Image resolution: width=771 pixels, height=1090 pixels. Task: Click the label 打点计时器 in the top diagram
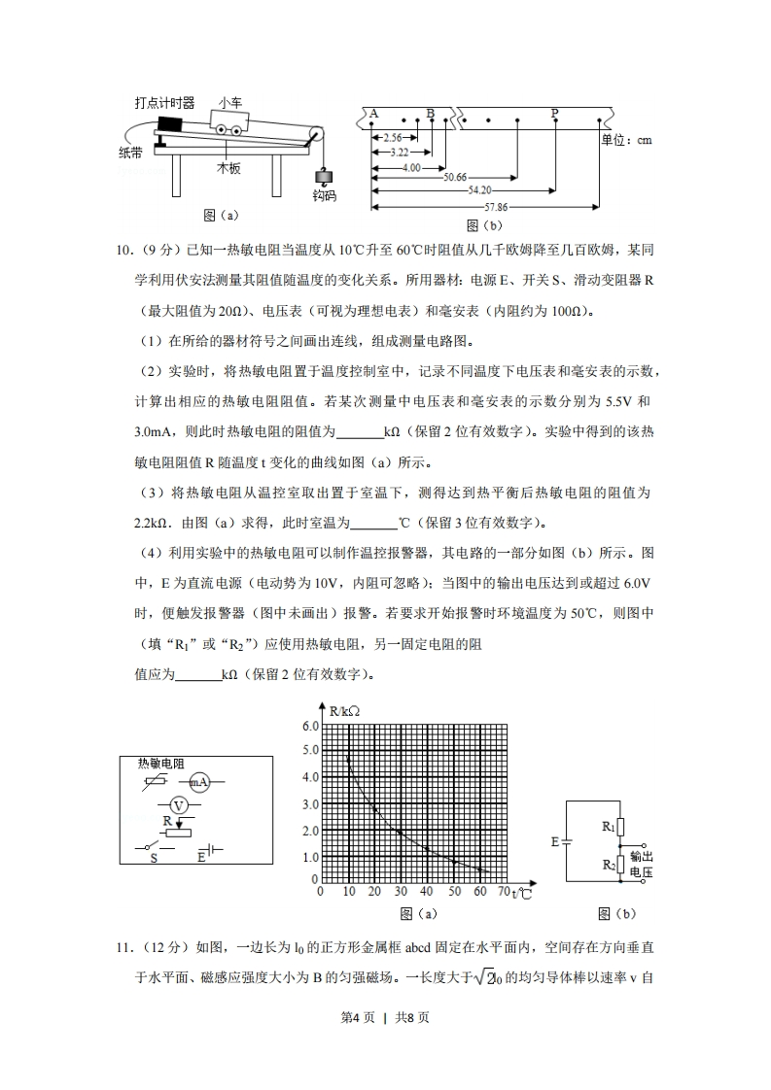164,102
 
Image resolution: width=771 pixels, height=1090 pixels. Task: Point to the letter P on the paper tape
554,114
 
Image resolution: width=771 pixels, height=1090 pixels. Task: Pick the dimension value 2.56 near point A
392,138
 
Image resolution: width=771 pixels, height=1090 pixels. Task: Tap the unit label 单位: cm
626,140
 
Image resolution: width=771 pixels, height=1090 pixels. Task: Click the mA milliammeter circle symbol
198,781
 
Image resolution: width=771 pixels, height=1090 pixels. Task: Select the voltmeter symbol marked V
178,805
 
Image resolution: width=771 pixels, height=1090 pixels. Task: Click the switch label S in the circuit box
152,858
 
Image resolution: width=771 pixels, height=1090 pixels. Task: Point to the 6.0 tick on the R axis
310,726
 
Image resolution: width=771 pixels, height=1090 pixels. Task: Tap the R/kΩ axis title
344,711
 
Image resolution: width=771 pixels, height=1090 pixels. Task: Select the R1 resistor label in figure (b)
609,827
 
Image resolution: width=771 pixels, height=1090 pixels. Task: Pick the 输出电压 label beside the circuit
641,865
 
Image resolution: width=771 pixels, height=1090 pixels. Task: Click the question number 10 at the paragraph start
123,253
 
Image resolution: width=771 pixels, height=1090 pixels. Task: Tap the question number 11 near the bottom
123,946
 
